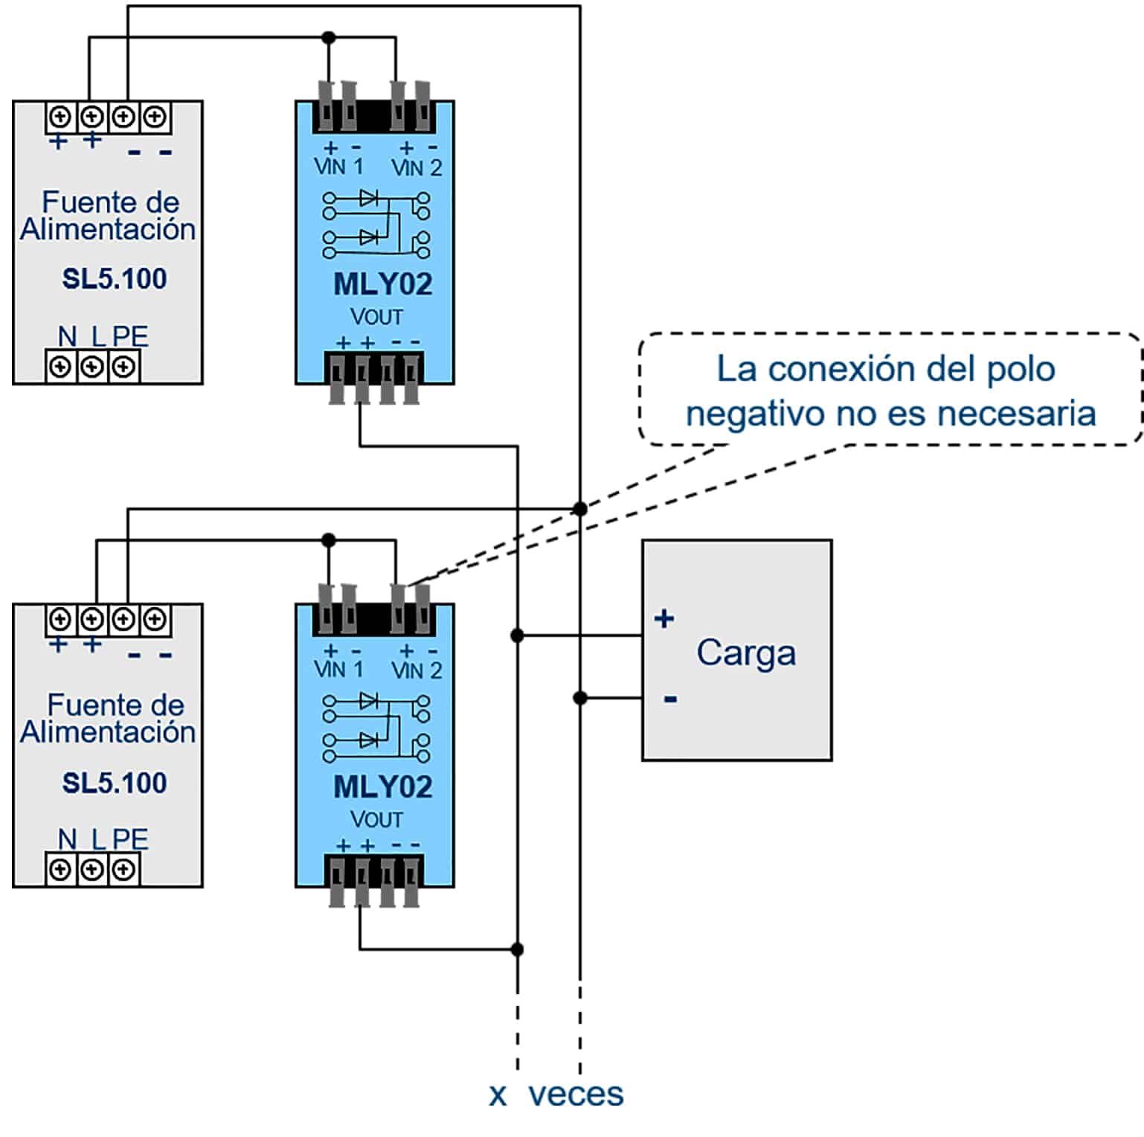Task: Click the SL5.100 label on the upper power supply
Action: coord(114,279)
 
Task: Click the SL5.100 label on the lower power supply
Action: coord(114,783)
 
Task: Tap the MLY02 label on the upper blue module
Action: coord(382,284)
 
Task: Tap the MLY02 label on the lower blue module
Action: coord(382,787)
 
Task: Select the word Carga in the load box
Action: coord(745,653)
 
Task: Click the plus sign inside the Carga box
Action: coord(663,618)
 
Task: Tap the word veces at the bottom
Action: coord(576,1094)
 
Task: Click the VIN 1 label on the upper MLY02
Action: coord(338,167)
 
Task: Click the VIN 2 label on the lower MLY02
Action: coord(417,670)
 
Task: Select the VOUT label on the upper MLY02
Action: coord(376,317)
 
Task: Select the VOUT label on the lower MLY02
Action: coord(376,820)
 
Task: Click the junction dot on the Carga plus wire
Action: coord(517,635)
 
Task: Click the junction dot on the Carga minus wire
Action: coord(580,698)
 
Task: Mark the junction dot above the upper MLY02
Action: coord(328,37)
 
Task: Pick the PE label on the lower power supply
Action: coord(131,839)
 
